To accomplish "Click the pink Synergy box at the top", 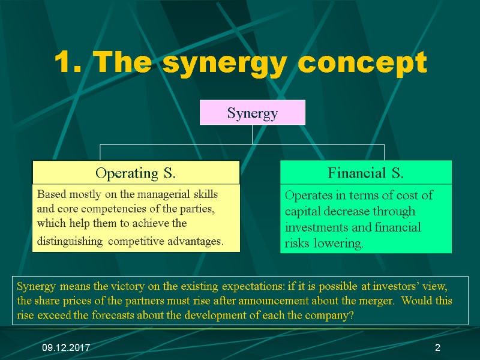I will click(252, 113).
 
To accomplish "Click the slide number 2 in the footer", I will click(437, 348).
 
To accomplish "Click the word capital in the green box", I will click(304, 211).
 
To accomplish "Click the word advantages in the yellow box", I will click(197, 242).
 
